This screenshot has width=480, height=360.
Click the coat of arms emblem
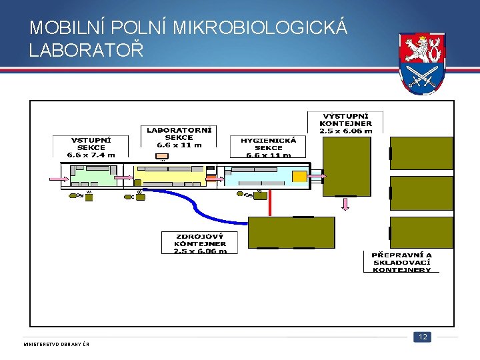pos(422,64)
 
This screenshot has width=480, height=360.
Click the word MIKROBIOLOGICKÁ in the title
pos(259,28)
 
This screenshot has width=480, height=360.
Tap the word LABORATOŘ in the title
pos(86,50)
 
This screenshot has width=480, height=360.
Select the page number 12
pos(422,337)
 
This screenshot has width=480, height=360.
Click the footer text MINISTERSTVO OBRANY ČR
pos(57,344)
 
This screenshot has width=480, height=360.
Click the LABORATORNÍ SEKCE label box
pos(179,137)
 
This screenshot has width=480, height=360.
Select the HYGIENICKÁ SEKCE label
pos(268,147)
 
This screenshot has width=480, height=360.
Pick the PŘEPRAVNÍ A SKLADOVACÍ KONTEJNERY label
pos(401,262)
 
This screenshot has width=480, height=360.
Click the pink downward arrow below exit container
pos(345,203)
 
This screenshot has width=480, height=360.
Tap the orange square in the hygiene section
pos(299,177)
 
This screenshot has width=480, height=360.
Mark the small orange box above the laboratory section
pos(162,157)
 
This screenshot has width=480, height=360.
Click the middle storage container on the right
pos(421,194)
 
